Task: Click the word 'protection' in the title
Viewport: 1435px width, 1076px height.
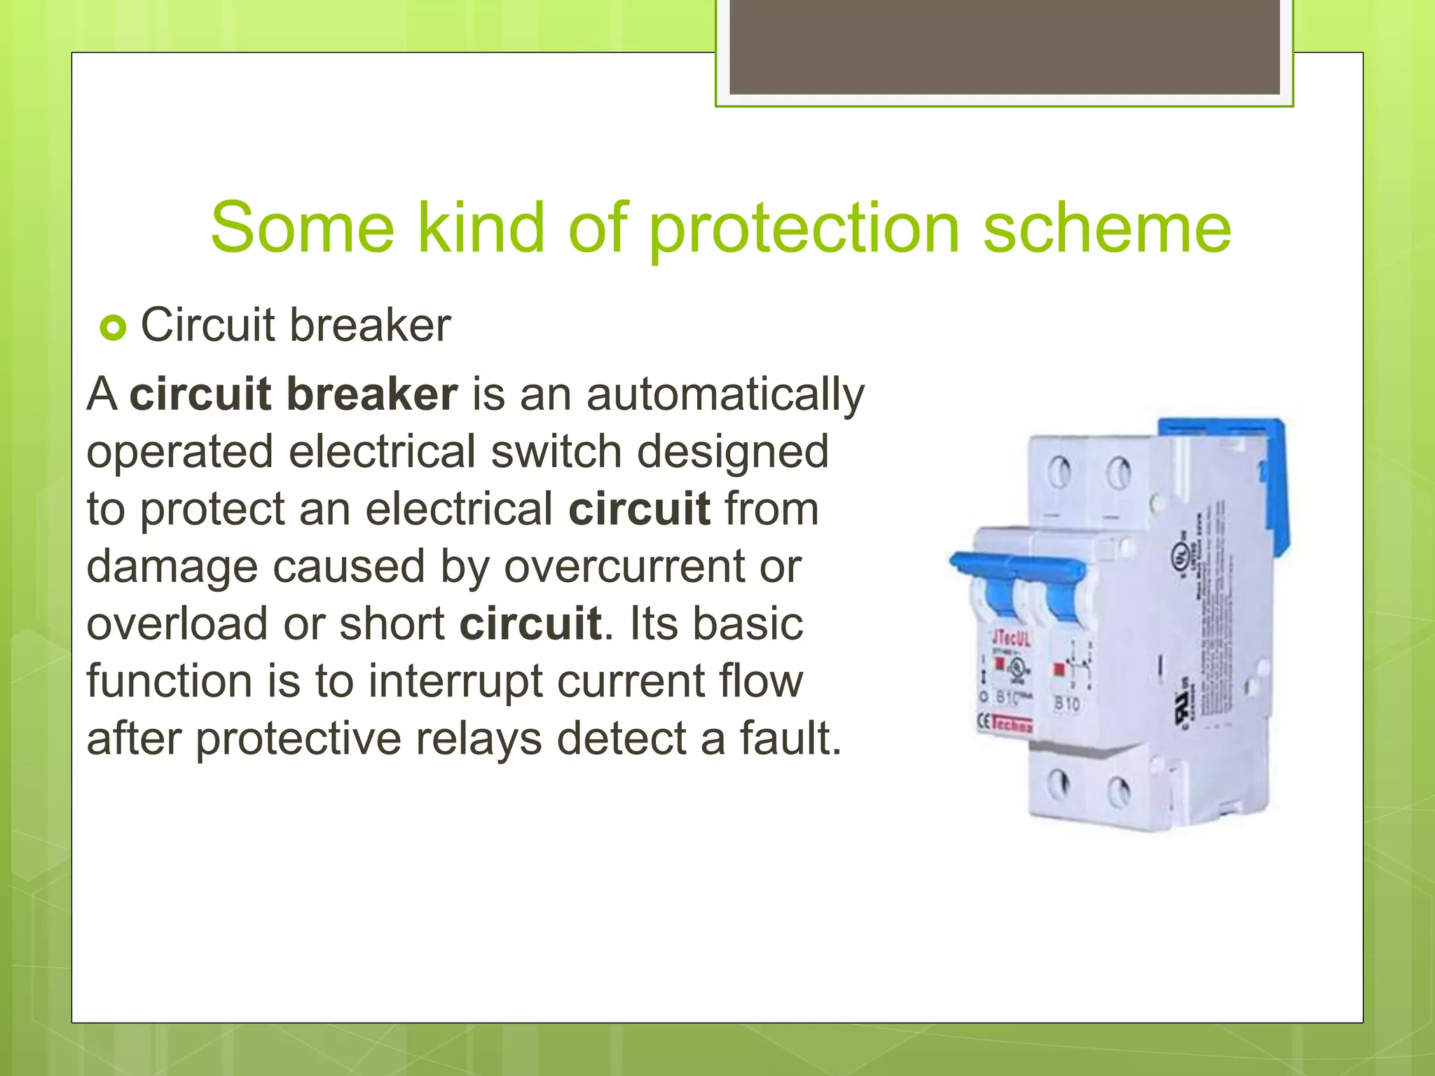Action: coord(804,228)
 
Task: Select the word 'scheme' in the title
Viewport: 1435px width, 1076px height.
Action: coord(1106,228)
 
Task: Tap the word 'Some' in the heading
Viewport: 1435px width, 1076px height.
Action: coord(302,228)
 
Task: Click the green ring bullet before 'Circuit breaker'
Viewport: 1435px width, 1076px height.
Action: coord(113,327)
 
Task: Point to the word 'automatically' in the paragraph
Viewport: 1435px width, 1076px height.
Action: coord(725,394)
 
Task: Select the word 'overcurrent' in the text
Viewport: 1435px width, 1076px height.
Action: coord(624,566)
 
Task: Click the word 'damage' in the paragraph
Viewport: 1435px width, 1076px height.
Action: coord(172,566)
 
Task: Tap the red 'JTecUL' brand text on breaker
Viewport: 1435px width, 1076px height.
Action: coord(1011,637)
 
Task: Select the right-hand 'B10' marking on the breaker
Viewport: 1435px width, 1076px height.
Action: coord(1066,703)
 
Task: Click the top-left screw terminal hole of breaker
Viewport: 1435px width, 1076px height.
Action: coord(1059,471)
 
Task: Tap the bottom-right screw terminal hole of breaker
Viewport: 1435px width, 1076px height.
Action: coord(1118,792)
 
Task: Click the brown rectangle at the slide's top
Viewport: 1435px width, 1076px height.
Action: coord(1004,47)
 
